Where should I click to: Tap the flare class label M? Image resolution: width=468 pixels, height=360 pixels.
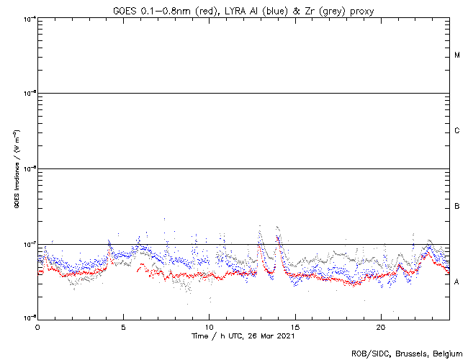(457, 55)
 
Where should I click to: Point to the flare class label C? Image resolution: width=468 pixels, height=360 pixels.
(457, 131)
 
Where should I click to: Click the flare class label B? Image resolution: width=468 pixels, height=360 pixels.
(457, 207)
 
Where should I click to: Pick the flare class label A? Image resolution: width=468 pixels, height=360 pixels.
(457, 282)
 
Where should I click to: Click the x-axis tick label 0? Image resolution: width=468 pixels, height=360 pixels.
(37, 327)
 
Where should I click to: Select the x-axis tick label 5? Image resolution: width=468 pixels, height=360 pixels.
(123, 327)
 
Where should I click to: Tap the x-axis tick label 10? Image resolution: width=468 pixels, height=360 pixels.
(209, 327)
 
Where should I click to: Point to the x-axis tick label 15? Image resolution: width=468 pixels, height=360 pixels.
(295, 327)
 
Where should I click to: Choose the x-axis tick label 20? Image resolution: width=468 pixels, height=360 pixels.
(381, 327)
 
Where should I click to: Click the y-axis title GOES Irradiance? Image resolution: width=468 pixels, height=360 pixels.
(16, 169)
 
